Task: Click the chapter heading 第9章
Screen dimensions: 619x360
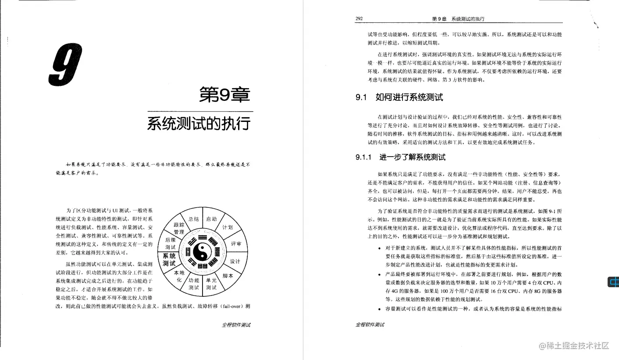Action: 224,95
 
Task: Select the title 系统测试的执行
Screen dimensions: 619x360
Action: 199,123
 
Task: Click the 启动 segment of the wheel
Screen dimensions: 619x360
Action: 211,219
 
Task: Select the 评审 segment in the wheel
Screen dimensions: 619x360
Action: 236,244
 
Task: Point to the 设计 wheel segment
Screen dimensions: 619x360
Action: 235,261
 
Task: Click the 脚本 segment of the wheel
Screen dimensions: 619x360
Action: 228,276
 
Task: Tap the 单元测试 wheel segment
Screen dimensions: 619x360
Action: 211,284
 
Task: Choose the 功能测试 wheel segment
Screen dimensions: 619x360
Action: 194,284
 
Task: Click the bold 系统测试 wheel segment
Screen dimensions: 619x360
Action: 169,260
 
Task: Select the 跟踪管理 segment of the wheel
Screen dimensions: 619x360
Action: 178,228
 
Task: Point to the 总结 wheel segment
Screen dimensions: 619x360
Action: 194,219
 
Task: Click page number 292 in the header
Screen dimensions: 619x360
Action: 359,19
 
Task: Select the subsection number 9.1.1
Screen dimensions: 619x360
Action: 363,157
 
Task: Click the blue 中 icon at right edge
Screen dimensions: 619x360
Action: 613,282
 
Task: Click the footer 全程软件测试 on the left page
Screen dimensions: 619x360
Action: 236,325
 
